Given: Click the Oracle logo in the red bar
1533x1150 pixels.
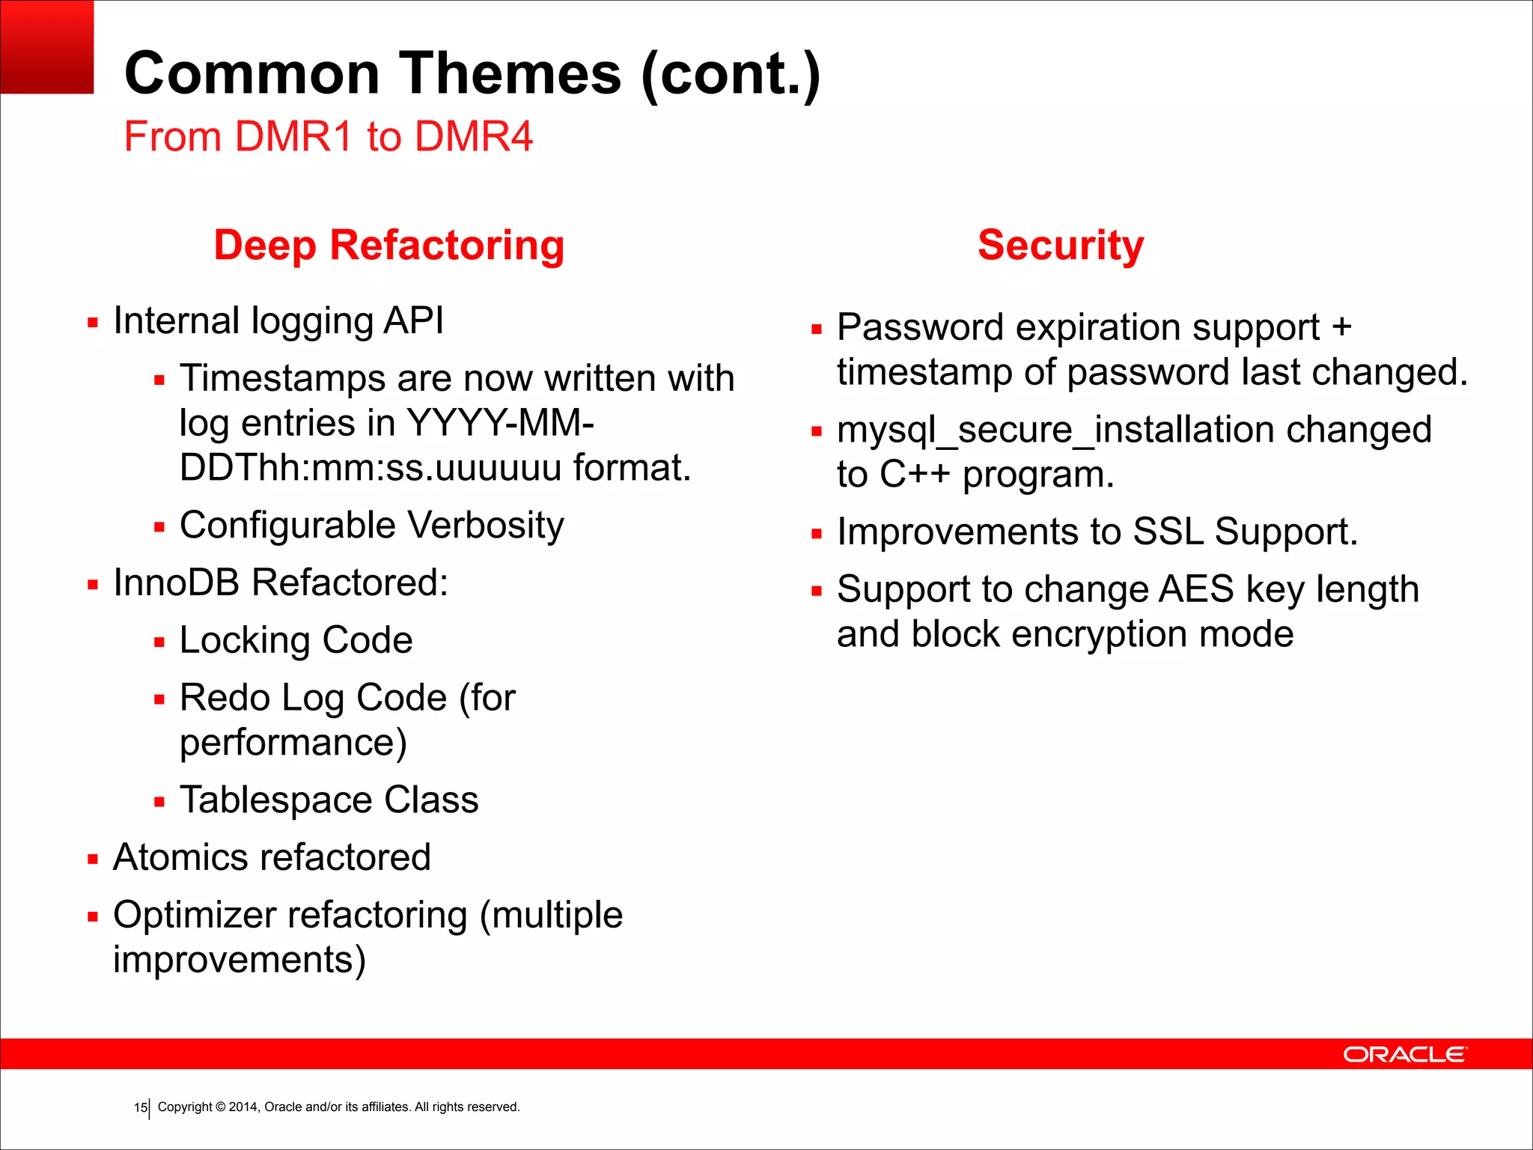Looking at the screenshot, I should (x=1405, y=1054).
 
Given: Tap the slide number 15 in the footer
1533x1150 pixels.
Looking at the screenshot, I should (x=140, y=1107).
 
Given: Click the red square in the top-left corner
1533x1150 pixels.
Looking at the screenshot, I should (x=46, y=46).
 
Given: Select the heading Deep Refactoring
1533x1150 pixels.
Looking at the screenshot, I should (x=388, y=246).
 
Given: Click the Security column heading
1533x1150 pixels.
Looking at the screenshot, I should (x=1061, y=246).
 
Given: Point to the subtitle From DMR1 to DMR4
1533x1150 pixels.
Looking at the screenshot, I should (x=328, y=137).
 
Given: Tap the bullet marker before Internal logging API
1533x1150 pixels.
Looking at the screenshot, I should (x=93, y=323).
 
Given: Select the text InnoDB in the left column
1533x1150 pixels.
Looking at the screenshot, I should (x=177, y=582).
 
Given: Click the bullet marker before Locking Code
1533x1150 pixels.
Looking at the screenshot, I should (x=159, y=642).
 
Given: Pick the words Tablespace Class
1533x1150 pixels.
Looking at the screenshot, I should (x=329, y=800).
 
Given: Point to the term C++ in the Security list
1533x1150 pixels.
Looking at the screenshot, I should (x=915, y=475).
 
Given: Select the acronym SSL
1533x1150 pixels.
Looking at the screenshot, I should (x=1168, y=532).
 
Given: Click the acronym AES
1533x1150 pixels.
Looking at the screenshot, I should (x=1195, y=589).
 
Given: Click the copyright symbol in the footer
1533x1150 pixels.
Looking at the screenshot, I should (x=221, y=1107).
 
